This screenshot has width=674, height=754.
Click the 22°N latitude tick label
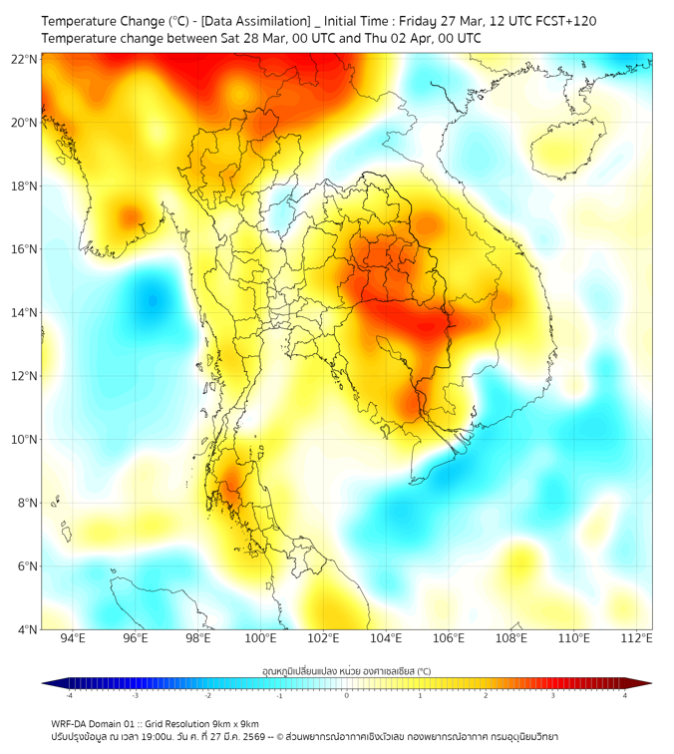pos(25,59)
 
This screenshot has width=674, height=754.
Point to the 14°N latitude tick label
pos(25,313)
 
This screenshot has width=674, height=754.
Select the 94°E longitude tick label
pos(73,639)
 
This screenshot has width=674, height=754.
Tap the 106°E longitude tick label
pos(449,639)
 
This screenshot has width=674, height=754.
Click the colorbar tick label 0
pos(347,695)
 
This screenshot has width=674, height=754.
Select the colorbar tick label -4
pos(68,695)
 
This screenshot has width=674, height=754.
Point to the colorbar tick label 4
pos(625,695)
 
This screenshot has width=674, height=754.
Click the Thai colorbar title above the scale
pos(346,671)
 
